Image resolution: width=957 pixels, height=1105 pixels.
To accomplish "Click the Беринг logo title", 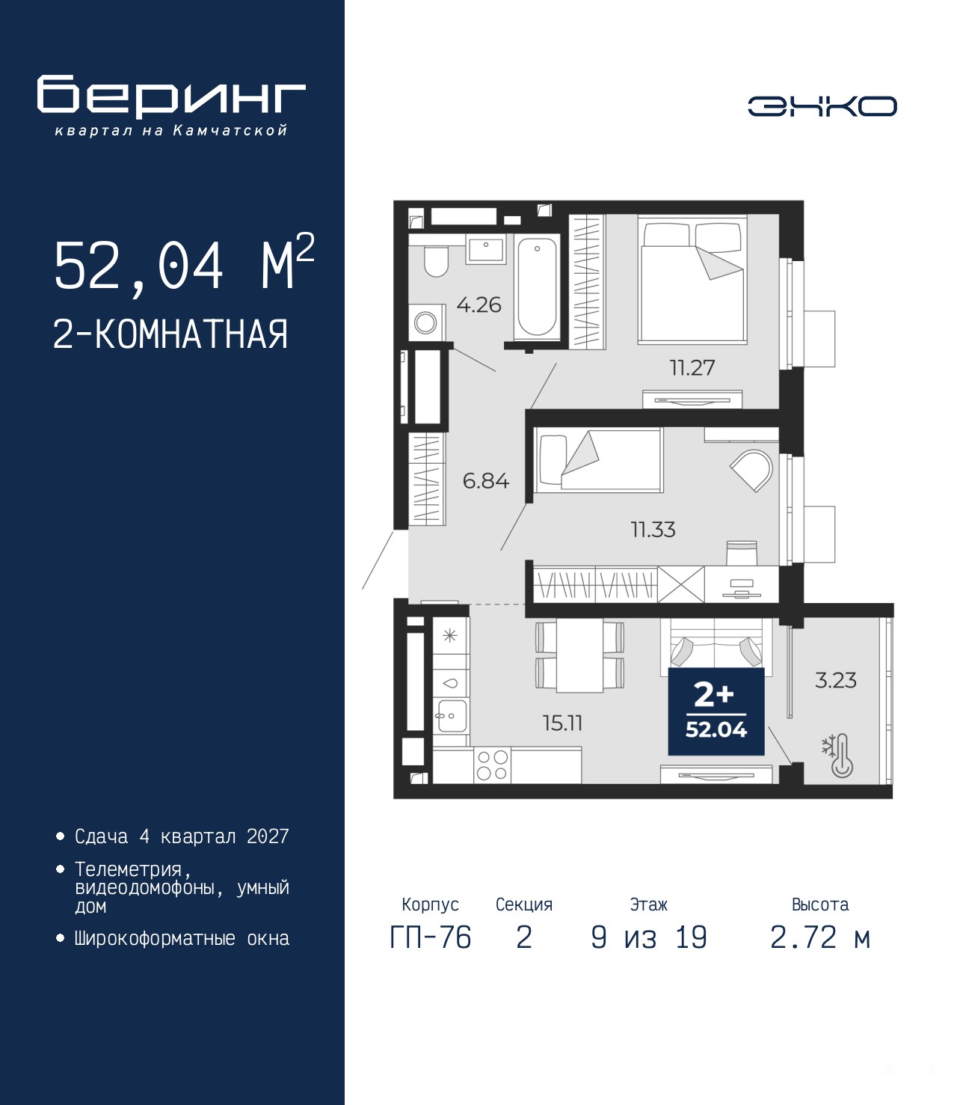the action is point(171,97).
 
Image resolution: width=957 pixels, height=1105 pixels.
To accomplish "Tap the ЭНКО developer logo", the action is point(822,106).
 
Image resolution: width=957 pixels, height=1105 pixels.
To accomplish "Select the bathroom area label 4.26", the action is point(478,305).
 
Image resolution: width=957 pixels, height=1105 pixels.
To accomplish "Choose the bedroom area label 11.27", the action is point(692,368).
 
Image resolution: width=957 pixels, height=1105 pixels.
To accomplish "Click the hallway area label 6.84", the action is point(486,481).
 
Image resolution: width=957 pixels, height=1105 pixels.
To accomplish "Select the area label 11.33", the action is point(653,530).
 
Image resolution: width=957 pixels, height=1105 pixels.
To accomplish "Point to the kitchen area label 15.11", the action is point(562,723).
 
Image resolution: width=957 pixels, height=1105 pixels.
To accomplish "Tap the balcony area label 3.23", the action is point(836,681).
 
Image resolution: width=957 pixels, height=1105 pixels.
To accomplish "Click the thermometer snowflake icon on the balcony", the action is point(838,756).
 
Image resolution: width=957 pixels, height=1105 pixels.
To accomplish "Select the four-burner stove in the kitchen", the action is point(492,765).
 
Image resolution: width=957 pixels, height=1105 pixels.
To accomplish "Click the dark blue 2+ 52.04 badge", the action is point(716,711).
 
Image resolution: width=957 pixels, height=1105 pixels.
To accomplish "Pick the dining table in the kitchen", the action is point(579,655).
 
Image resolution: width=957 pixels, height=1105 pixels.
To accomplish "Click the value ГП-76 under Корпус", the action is point(431,952).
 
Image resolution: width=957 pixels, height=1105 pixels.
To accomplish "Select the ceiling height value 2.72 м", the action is point(820,952).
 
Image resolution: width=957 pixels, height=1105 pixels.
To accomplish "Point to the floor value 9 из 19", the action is point(649,952).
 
